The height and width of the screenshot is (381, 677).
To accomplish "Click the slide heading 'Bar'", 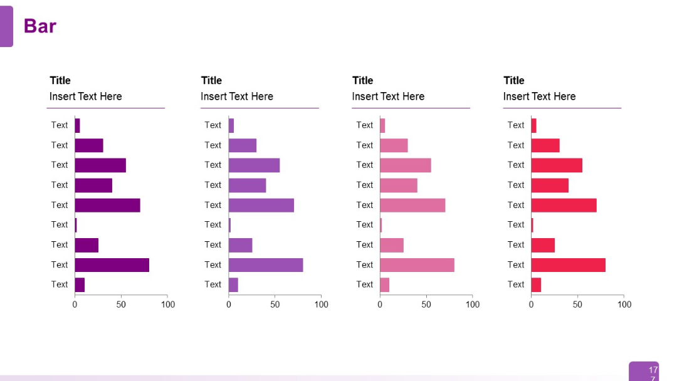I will pos(40,26).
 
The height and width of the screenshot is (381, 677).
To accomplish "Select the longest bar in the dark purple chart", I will pos(112,265).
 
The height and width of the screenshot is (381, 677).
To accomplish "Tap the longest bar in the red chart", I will pos(568,265).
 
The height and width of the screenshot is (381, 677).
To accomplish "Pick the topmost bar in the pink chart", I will pos(382,125).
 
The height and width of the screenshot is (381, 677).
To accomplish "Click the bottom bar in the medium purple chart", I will pos(233,285).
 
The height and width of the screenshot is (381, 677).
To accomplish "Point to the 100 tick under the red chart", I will pos(624,305).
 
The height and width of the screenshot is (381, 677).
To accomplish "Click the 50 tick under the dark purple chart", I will pos(121,305).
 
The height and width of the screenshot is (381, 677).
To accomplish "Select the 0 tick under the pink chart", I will pos(380,305).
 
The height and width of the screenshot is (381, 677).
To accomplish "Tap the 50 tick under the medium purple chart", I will pos(275,305).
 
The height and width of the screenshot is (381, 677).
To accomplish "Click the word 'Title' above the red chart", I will pos(514,80).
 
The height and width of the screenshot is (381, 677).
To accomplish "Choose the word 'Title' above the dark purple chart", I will pos(60,80).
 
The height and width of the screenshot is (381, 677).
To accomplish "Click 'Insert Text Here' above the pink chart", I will pos(388,97).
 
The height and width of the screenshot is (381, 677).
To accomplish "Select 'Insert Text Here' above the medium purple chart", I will pos(237,97).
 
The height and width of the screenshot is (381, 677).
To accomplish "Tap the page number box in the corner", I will pos(644,371).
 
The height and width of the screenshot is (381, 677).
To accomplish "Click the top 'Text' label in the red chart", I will pos(516,125).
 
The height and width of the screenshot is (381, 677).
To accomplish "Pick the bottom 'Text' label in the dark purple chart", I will pos(60,284).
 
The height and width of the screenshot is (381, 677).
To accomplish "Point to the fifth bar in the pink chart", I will pos(412,205).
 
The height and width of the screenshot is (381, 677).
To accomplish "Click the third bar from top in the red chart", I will pos(557,165).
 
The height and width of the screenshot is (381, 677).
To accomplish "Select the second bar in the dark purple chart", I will pos(88,145).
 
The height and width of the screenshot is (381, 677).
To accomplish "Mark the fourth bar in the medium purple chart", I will pos(247,185).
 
